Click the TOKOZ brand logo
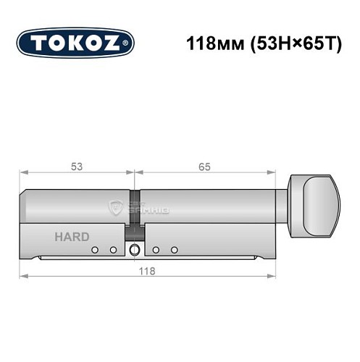pyautogui.click(x=75, y=43)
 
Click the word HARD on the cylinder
pyautogui.click(x=72, y=237)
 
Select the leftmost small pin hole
pyautogui.click(x=94, y=250)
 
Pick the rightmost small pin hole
pyautogui.click(x=175, y=250)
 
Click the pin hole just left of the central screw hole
pyautogui.click(x=113, y=250)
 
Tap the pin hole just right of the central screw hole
pyautogui.click(x=156, y=250)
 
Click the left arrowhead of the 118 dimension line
pyautogui.click(x=23, y=276)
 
